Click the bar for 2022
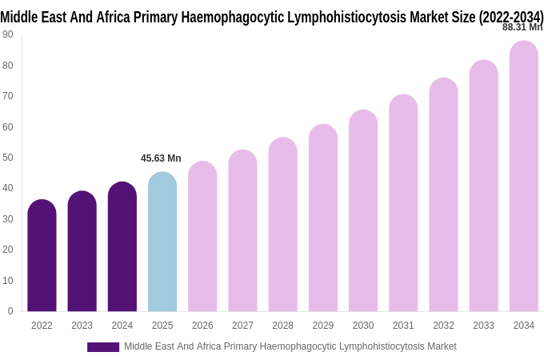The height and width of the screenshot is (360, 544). coord(42,256)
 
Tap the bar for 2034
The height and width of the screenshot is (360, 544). coord(523,177)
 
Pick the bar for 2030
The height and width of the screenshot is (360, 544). coord(363,211)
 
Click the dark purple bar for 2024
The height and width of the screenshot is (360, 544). coord(122,247)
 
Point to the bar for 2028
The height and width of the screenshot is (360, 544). coord(282,225)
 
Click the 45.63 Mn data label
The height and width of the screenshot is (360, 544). coord(161,158)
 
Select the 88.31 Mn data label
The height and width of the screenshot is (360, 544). coord(522,27)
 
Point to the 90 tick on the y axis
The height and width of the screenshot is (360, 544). coord(8,34)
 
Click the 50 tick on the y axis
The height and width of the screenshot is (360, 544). coord(8,158)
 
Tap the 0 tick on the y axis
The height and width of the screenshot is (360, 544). coord(10,311)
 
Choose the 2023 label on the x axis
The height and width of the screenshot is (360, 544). coord(82,326)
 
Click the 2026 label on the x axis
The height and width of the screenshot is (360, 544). coord(202,326)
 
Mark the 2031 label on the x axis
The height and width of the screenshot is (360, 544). coord(403,326)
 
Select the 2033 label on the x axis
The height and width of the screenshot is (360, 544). coord(483,326)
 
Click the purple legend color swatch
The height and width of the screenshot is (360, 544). coord(103,347)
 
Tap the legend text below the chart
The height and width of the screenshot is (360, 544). coord(290,346)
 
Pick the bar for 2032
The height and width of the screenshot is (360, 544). coord(443,195)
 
